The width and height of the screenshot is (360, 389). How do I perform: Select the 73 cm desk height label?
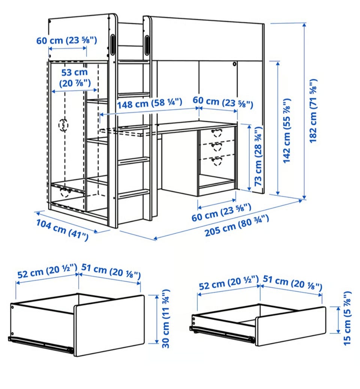(x=258, y=156)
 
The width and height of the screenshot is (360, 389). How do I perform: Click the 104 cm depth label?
(x=62, y=230)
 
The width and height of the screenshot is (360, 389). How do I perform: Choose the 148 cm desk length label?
(x=150, y=103)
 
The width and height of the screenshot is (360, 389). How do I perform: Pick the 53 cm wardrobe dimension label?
(x=75, y=78)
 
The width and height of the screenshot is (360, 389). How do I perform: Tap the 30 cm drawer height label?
(x=166, y=318)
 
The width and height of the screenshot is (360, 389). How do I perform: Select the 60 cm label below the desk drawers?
(x=221, y=212)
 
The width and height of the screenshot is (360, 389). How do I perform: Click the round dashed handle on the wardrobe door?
(x=63, y=125)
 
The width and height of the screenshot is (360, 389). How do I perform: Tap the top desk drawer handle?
(x=217, y=133)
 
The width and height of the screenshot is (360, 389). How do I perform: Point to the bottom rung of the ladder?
(x=134, y=194)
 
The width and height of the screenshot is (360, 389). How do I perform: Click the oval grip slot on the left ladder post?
(x=113, y=44)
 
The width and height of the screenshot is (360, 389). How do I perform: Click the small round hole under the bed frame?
(x=234, y=64)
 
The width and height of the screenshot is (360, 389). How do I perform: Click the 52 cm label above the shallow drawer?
(x=229, y=283)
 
